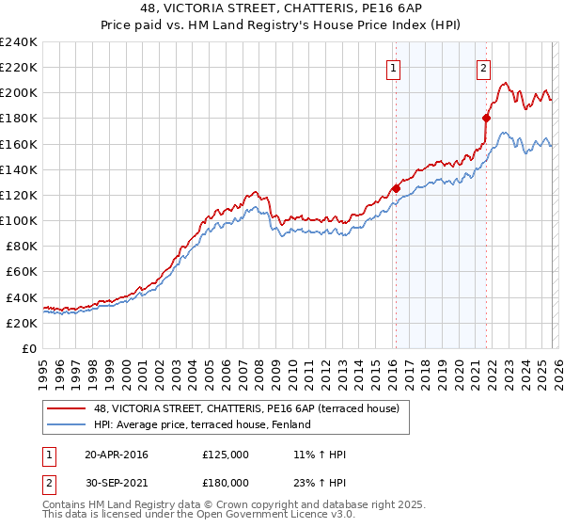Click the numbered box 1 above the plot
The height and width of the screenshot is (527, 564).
[x=393, y=67]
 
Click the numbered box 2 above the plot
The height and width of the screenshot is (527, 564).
[x=483, y=67]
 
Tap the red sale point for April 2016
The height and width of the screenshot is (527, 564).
[x=396, y=188]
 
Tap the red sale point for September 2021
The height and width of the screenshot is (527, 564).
[x=486, y=118]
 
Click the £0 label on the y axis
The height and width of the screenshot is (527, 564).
[x=30, y=348]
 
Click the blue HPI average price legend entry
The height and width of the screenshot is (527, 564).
[x=201, y=425]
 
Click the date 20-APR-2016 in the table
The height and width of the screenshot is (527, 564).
[x=116, y=455]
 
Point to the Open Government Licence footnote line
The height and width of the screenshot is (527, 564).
[x=199, y=515]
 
